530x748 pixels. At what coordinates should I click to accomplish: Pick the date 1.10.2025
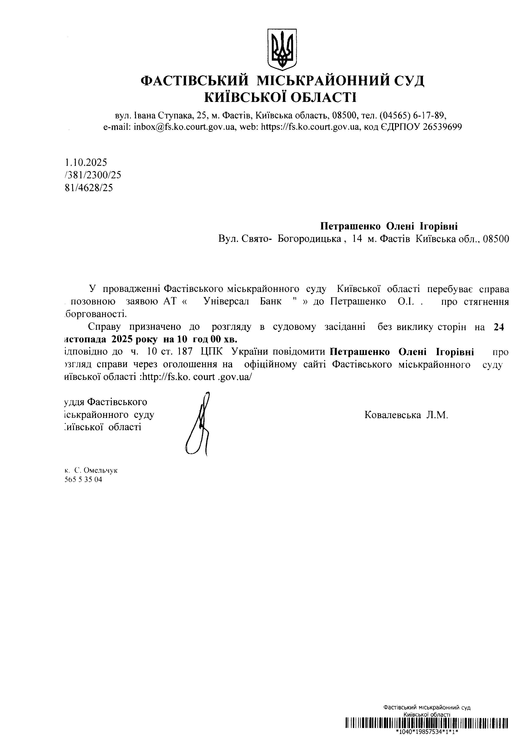click(86, 162)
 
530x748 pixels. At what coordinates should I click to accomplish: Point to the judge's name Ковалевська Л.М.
click(406, 415)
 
